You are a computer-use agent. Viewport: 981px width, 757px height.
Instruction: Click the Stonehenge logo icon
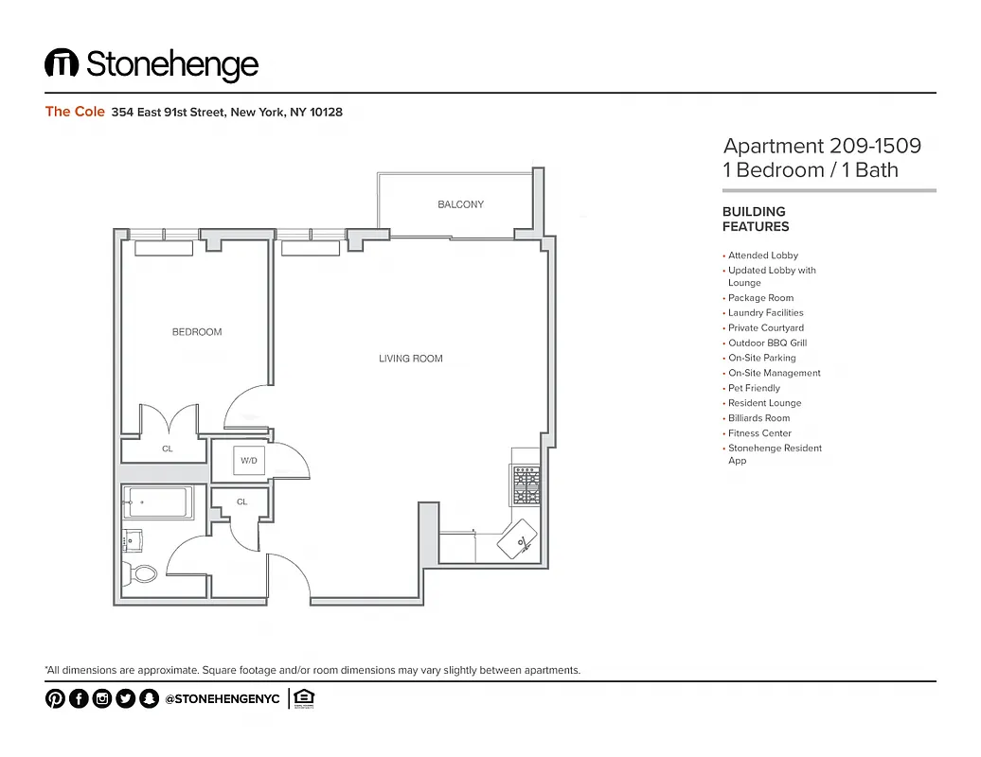(62, 64)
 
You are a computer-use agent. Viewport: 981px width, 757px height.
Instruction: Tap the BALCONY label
(460, 204)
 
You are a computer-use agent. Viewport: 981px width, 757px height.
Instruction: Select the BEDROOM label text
(197, 332)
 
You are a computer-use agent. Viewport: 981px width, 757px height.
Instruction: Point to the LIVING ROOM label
(411, 359)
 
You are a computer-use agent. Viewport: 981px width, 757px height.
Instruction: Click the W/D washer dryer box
(249, 461)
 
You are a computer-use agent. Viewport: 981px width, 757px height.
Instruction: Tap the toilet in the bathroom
(144, 572)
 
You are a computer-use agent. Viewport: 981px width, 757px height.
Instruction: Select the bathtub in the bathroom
(158, 502)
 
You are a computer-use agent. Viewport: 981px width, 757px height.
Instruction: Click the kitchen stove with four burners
(526, 485)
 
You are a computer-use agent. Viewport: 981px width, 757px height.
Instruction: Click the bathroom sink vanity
(133, 539)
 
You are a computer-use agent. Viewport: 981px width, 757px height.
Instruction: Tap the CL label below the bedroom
(168, 449)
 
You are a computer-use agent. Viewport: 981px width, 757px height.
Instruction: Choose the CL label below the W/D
(242, 502)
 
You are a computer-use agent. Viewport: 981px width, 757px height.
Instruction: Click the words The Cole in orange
(71, 112)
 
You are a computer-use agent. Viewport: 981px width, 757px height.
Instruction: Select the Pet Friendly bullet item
(754, 388)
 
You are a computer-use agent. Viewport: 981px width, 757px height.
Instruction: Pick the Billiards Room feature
(758, 418)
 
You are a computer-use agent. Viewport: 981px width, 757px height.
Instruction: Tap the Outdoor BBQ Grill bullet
(767, 343)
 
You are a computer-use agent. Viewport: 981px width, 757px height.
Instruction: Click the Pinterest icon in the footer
(55, 699)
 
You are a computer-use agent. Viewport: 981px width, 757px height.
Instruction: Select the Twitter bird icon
(126, 699)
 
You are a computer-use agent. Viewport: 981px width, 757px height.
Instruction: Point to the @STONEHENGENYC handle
(223, 699)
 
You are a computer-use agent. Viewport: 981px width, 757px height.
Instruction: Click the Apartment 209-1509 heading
(822, 146)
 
